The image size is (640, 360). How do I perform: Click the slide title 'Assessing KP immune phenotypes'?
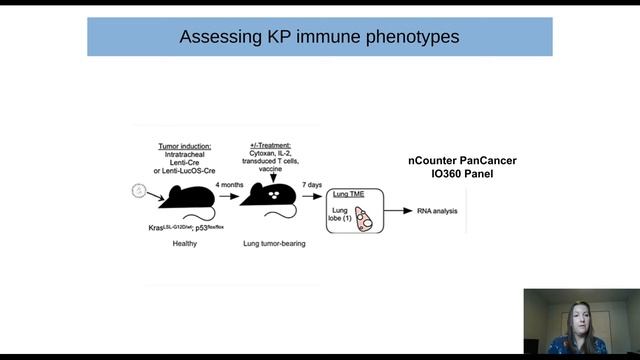[319, 37]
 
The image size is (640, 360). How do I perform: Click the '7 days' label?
[314, 185]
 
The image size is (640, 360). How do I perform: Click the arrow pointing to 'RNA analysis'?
[400, 212]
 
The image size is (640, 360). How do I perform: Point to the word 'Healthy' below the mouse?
[184, 243]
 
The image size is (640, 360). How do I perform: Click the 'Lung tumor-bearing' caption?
[274, 243]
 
